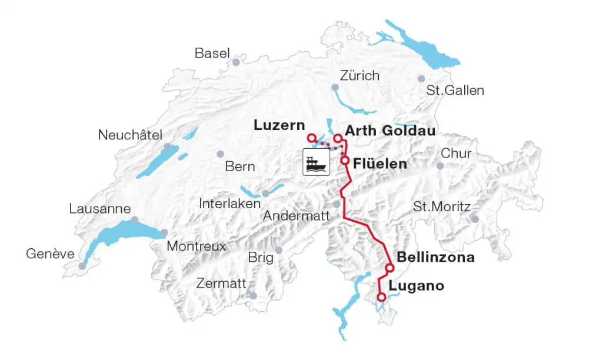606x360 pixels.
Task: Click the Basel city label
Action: click(x=212, y=54)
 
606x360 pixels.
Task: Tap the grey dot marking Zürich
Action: click(x=335, y=88)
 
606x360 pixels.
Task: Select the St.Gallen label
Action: click(x=455, y=91)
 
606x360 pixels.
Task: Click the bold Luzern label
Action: click(x=279, y=125)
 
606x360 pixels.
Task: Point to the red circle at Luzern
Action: click(x=312, y=138)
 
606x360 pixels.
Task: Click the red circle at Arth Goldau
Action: click(x=338, y=139)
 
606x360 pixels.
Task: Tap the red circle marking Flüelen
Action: click(x=345, y=160)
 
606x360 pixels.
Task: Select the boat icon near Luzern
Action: click(x=316, y=162)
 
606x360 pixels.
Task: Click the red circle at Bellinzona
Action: click(x=389, y=268)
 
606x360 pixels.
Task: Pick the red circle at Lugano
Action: click(x=381, y=297)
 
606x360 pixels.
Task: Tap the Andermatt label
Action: click(x=297, y=216)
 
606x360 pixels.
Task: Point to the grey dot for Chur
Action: click(x=440, y=166)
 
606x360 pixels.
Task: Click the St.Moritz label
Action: click(x=442, y=207)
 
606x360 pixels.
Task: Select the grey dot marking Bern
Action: click(x=221, y=154)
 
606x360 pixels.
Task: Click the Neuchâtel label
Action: click(x=130, y=135)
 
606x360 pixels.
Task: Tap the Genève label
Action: click(x=50, y=254)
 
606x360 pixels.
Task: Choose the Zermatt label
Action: click(x=221, y=284)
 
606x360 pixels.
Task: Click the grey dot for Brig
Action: click(x=279, y=251)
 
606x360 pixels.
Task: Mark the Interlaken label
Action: click(x=230, y=204)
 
